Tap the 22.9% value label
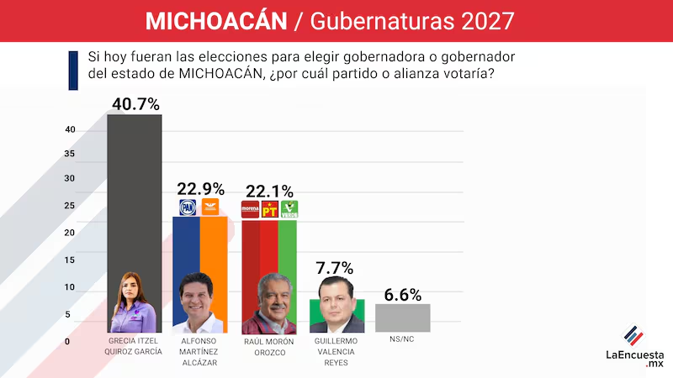[199, 188]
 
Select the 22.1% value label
[269, 191]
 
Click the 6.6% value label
[402, 295]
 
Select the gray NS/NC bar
[402, 318]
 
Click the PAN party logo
[187, 207]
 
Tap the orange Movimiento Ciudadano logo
[209, 207]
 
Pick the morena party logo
[250, 210]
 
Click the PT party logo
[269, 210]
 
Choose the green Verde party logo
[289, 210]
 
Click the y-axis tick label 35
[71, 155]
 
